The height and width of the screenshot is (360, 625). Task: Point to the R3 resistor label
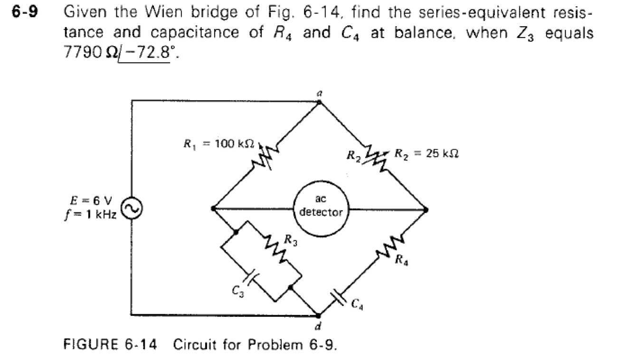(x=291, y=240)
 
